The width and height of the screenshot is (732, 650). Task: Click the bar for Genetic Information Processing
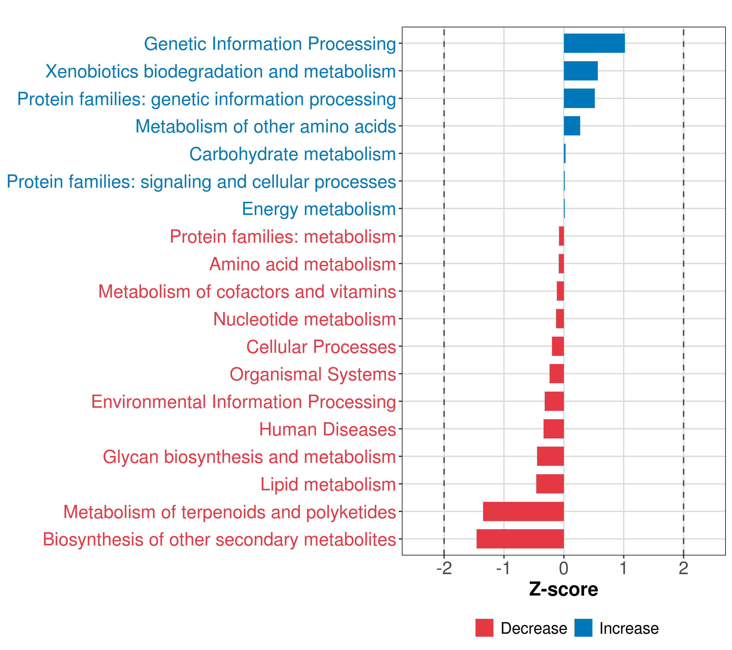click(x=594, y=43)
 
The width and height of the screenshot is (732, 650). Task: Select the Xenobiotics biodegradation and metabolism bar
click(x=580, y=71)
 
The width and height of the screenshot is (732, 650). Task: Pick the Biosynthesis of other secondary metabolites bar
click(x=520, y=539)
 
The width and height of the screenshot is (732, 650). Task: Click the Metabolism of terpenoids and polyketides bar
click(x=523, y=511)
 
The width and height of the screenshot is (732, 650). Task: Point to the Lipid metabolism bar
click(x=550, y=484)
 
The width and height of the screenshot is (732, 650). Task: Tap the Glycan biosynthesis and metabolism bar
click(x=550, y=456)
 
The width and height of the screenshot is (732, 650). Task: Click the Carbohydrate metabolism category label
click(x=292, y=154)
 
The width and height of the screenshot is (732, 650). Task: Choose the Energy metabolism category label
click(x=319, y=209)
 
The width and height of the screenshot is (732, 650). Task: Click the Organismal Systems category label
click(x=313, y=374)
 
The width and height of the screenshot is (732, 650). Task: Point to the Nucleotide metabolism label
click(x=304, y=319)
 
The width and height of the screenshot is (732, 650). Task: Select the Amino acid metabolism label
click(x=302, y=264)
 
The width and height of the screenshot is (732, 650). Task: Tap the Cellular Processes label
click(x=321, y=347)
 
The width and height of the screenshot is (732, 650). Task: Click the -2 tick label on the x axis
click(x=444, y=568)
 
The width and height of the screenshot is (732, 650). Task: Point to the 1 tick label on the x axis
click(x=624, y=568)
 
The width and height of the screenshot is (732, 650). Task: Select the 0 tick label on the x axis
click(x=564, y=568)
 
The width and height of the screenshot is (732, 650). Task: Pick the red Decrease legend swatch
click(x=484, y=628)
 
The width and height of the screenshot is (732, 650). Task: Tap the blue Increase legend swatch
click(x=583, y=628)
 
